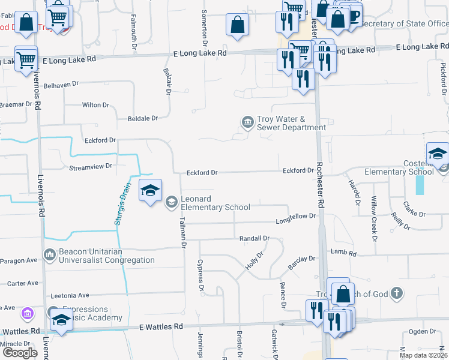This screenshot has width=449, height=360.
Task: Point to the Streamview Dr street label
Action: point(91,167)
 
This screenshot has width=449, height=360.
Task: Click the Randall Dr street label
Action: point(255,238)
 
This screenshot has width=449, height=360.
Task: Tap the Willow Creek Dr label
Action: point(373,218)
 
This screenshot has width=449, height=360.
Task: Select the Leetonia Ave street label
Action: point(70,295)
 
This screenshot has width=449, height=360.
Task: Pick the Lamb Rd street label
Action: point(343,254)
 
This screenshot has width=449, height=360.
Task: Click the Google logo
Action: point(20,353)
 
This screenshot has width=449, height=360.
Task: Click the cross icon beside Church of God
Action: point(395,293)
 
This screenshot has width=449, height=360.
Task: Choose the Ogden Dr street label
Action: point(422,331)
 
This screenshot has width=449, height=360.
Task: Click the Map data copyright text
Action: point(423,355)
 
